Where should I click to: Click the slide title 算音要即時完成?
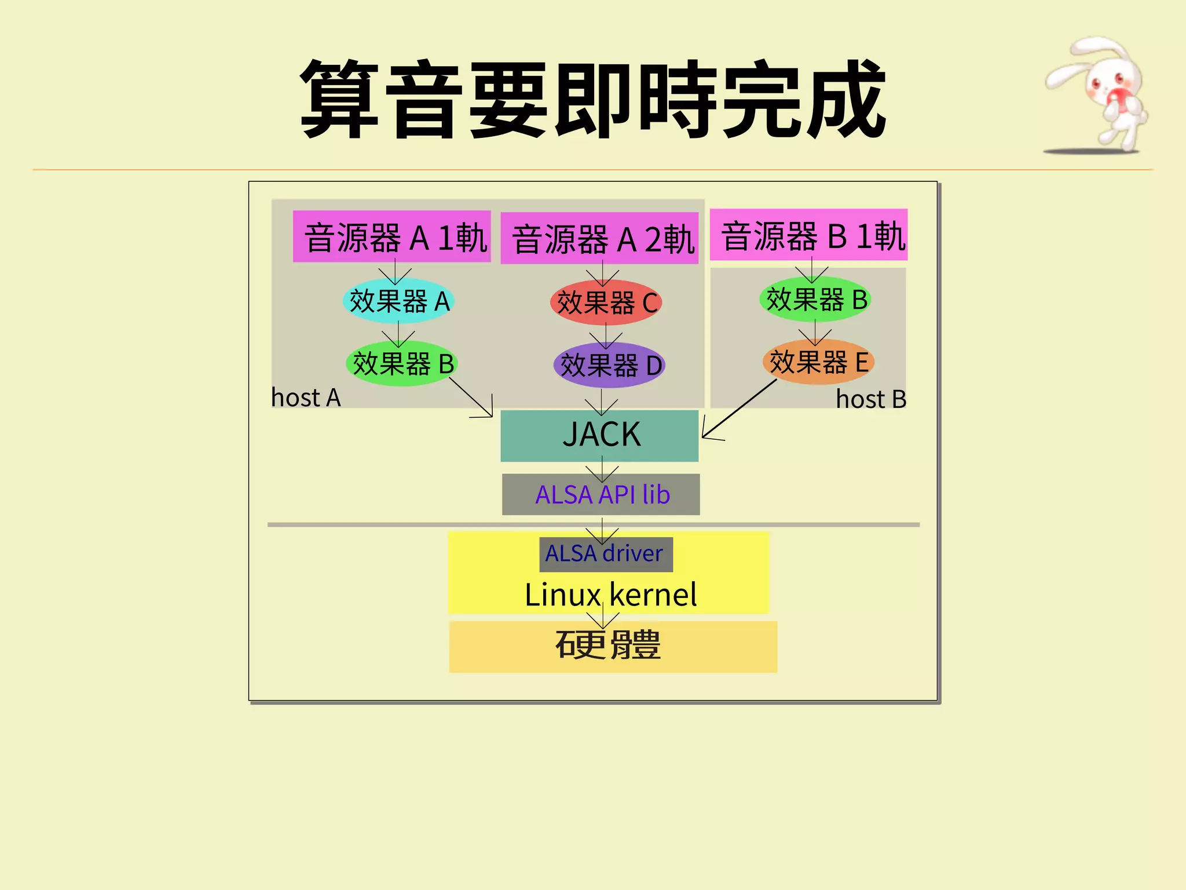[x=592, y=100]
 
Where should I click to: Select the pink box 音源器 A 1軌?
[x=392, y=236]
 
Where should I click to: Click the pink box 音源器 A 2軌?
[x=600, y=238]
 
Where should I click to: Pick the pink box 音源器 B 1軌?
[x=809, y=235]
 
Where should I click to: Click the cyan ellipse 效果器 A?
[x=398, y=301]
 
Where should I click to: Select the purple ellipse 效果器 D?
[x=609, y=366]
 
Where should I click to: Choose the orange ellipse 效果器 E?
[x=818, y=362]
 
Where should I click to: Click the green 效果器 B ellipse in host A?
[x=402, y=364]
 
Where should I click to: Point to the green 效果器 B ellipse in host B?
[x=815, y=300]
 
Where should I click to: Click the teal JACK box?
[x=600, y=436]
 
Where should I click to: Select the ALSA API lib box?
[x=601, y=495]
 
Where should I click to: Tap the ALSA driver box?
[x=606, y=554]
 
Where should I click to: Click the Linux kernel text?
[x=610, y=595]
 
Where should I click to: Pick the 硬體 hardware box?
[x=613, y=647]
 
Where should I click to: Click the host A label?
[x=306, y=398]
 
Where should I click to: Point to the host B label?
[x=871, y=399]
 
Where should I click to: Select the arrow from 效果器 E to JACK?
[x=738, y=409]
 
